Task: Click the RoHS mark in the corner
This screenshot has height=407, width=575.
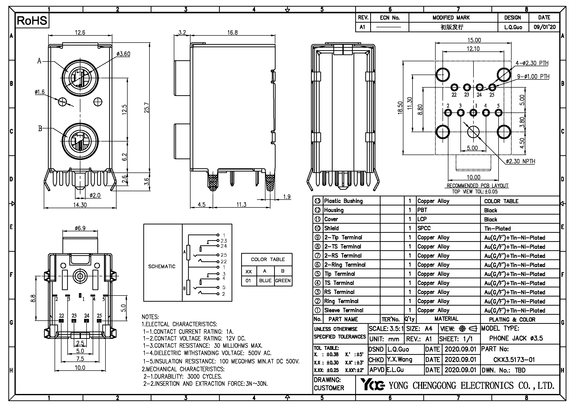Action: pos(32,21)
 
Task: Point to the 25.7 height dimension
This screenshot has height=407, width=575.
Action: pos(147,108)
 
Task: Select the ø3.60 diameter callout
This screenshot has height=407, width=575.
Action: pos(123,54)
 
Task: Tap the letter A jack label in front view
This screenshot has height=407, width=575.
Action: pos(39,61)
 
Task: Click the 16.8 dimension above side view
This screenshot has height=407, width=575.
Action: pos(232,32)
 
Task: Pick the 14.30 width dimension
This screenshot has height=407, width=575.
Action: pos(80,205)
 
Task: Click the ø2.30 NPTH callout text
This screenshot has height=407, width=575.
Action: pos(520,161)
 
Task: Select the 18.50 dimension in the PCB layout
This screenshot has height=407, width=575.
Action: pos(400,108)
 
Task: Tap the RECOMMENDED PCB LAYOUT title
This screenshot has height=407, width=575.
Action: pos(477,186)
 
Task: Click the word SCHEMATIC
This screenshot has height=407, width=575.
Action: pos(162,266)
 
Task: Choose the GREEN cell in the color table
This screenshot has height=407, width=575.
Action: pos(283,281)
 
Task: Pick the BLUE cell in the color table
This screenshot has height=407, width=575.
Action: pos(265,281)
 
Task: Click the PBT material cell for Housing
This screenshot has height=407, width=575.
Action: pos(422,210)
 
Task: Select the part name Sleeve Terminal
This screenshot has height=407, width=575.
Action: pos(344,310)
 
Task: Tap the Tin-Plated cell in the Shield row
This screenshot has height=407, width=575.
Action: pos(497,228)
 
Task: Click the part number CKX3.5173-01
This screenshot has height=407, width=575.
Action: pos(514,360)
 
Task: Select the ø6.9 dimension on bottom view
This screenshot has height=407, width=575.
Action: pos(80,228)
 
